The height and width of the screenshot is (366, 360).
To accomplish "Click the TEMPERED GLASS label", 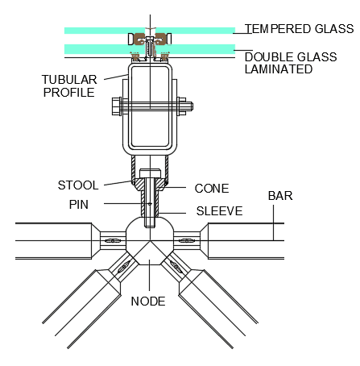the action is pos(299,29).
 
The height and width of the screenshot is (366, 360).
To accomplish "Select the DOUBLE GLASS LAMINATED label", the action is pos(291,63).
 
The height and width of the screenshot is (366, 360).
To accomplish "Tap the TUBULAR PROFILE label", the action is pos(69,86).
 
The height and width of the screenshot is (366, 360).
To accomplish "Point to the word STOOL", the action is pos(78,185).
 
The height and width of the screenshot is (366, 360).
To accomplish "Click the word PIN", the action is pos(79,205).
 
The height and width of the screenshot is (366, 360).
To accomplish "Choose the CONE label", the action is pos(212,189).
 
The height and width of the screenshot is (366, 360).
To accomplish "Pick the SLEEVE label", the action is pos(219,211).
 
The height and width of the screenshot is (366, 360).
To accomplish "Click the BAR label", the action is pos(280,196).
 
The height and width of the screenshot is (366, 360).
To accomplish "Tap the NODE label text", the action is pos(148,302).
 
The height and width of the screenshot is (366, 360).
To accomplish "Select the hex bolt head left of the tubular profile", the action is pos(117,106).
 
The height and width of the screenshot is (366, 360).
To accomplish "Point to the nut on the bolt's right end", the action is pos(182,106).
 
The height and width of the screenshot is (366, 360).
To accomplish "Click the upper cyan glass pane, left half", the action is pos(105,31).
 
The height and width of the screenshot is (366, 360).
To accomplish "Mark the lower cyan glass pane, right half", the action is pos(196,49).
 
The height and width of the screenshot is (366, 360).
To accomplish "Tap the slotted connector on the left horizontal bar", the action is pos(113,240).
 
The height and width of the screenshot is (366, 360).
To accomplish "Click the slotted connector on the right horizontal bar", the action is pos(187,240).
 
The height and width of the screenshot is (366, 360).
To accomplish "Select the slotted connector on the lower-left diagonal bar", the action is pos(124,267).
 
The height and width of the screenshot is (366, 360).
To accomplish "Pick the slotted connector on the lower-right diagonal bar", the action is pos(176,267).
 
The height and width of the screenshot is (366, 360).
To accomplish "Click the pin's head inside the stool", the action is pos(151,173).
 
